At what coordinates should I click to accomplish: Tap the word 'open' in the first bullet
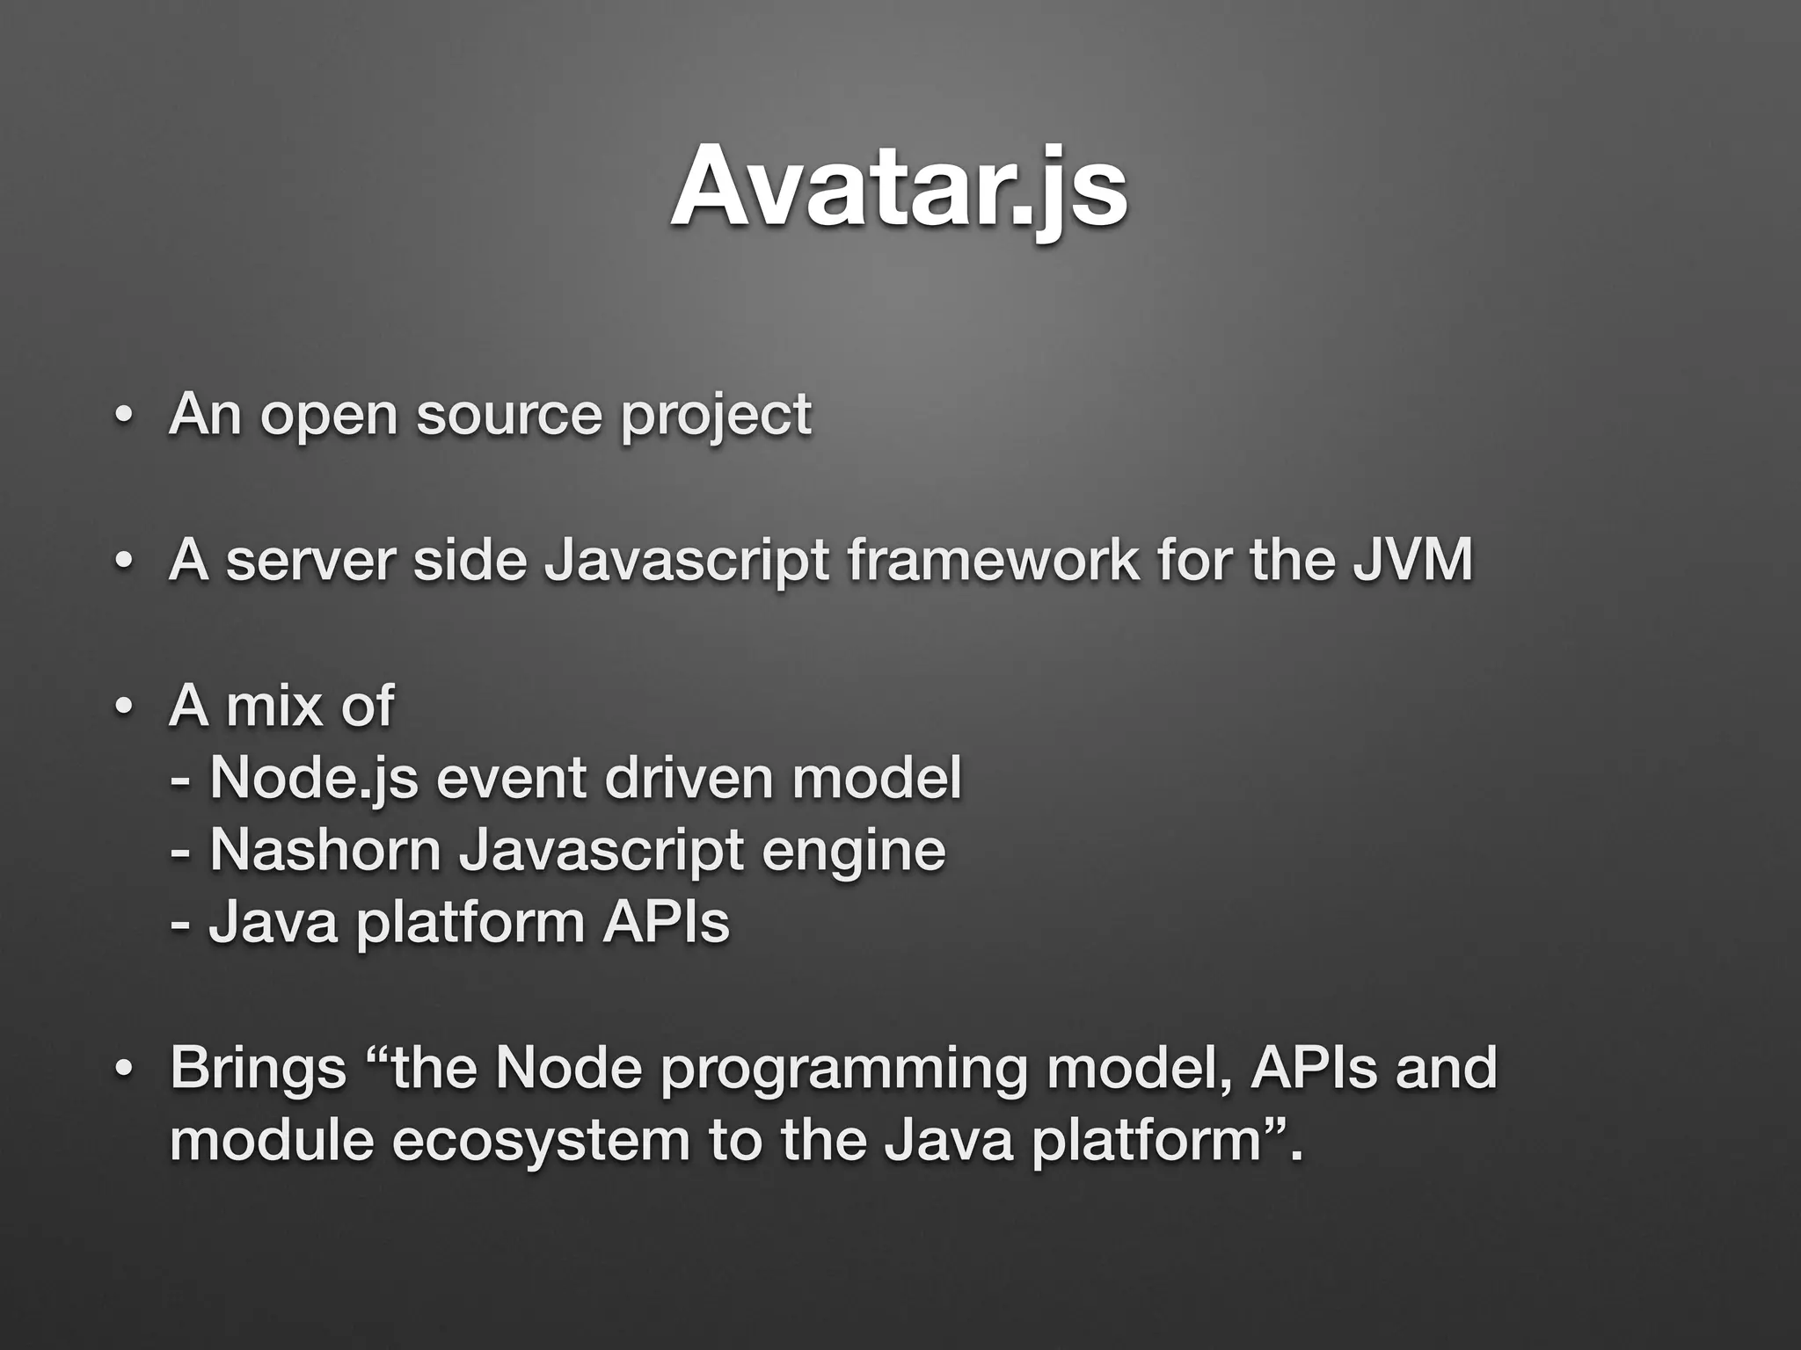[x=329, y=415]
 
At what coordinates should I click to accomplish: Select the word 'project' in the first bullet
[x=715, y=417]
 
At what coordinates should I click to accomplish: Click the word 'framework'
[x=993, y=560]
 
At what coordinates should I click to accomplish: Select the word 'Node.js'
[x=314, y=779]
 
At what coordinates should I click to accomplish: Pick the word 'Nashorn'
[x=324, y=850]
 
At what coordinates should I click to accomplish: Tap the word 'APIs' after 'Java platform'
[x=666, y=923]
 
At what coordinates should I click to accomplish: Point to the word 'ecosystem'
[x=540, y=1141]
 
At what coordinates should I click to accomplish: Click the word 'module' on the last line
[x=269, y=1140]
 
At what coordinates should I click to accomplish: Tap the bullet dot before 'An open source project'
[x=123, y=416]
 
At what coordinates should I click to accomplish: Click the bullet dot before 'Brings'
[x=123, y=1069]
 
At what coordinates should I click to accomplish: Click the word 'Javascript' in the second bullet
[x=687, y=561]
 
